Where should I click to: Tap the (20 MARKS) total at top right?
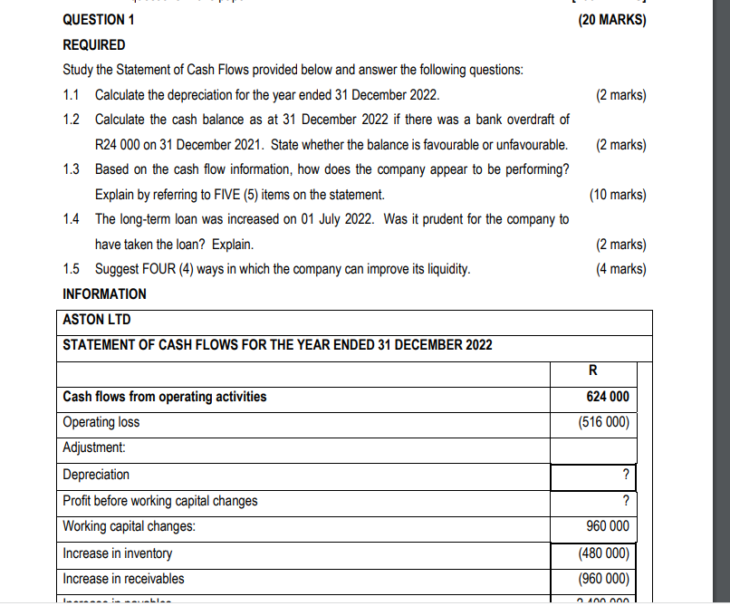click(x=611, y=20)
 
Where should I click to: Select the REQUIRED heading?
click(x=94, y=44)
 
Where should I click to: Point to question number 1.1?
click(x=72, y=95)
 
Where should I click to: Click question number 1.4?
click(x=72, y=219)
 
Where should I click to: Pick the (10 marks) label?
click(x=617, y=195)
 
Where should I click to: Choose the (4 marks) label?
click(x=620, y=269)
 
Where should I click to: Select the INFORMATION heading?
click(x=104, y=293)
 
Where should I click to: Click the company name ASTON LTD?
click(x=96, y=320)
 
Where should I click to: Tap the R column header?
click(x=592, y=370)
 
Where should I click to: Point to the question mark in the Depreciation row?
click(x=625, y=476)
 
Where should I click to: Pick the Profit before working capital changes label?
click(x=159, y=501)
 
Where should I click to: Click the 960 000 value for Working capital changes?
click(x=607, y=526)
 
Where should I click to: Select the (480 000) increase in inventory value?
click(x=604, y=553)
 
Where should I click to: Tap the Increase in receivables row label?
click(x=123, y=579)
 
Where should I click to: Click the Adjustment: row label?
click(x=93, y=447)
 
